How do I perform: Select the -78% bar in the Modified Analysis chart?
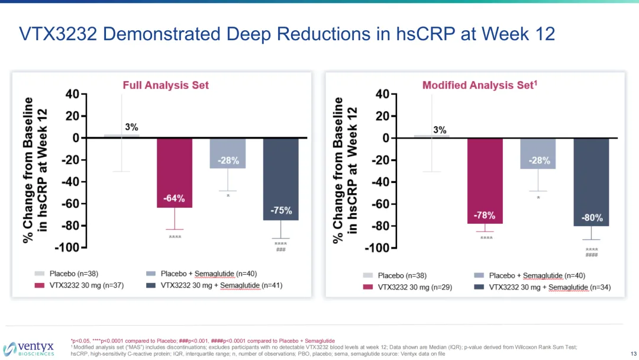(485, 181)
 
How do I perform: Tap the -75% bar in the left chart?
(280, 179)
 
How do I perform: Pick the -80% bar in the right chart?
(591, 182)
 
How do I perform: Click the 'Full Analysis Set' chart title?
(166, 85)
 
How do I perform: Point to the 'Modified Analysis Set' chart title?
(480, 85)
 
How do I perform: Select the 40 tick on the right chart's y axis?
(382, 94)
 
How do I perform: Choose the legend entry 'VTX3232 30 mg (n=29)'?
(408, 287)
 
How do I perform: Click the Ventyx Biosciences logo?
(30, 348)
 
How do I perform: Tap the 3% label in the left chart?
(131, 127)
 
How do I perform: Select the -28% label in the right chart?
(538, 160)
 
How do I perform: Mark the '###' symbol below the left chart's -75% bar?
(280, 250)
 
